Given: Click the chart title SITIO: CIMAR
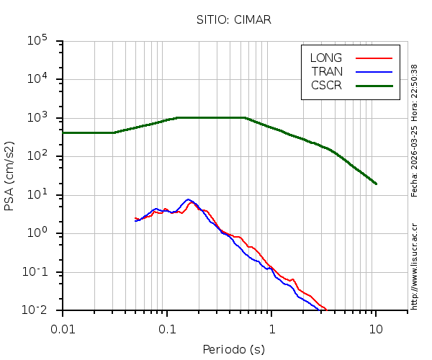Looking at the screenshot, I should pos(233,19).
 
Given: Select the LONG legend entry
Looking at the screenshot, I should pos(326,58).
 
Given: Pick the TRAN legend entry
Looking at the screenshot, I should pos(327,71).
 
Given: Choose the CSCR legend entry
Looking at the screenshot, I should pos(326,85).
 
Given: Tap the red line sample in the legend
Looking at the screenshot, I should pos(374,58).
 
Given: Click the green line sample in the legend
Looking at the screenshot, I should pos(374,85).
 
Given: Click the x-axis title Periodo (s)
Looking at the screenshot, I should pos(233,349).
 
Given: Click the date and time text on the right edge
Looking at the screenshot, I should pos(414,130).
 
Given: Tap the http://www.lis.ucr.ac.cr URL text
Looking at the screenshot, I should pos(414,266).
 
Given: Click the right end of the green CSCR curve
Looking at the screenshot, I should pos(376,184).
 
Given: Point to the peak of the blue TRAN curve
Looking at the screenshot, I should pos(188,199).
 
